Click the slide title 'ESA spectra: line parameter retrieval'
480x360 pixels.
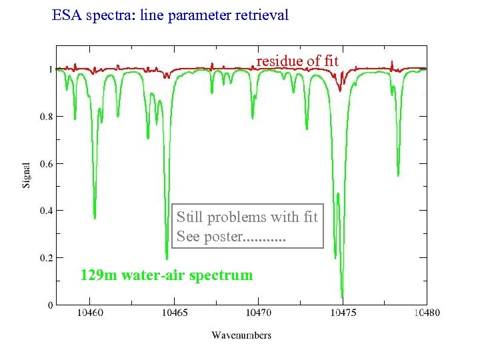[170, 15]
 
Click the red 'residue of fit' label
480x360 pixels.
[297, 61]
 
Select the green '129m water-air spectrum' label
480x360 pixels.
[166, 275]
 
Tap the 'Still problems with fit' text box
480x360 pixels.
[247, 226]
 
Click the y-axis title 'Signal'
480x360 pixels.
[27, 174]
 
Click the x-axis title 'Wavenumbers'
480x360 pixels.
[241, 335]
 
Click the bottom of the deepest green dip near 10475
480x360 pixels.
[342, 296]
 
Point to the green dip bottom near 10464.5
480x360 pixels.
[167, 258]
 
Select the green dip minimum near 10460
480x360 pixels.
[95, 217]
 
